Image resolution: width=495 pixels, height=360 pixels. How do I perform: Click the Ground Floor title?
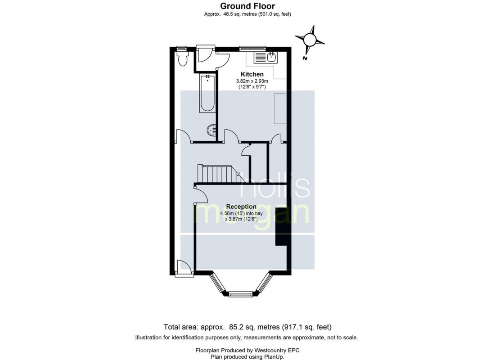pos(247,6)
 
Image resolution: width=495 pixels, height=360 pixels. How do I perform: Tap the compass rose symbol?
pos(310,40)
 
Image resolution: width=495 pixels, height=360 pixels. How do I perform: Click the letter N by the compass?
pos(305,58)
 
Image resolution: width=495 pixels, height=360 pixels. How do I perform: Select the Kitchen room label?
pos(252,74)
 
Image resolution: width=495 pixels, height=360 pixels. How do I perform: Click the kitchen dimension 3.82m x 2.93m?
pos(252,81)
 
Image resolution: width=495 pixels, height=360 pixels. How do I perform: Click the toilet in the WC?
pos(182,58)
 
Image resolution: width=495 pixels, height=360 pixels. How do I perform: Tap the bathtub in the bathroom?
pos(207,93)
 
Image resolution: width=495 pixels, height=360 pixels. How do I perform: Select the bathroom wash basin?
pos(211,131)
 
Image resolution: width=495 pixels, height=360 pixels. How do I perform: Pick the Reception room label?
pos(241,207)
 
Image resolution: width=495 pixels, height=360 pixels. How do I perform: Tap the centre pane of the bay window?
pos(241,295)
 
